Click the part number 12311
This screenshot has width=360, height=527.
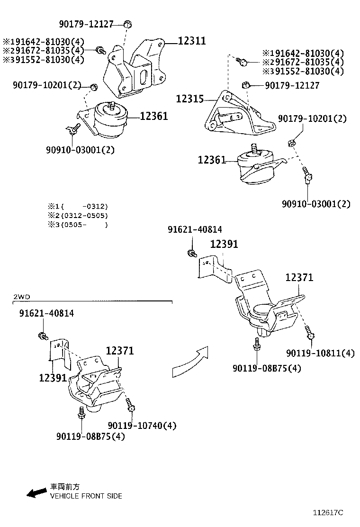pyautogui.click(x=192, y=41)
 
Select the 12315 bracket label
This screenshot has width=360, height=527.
pyautogui.click(x=190, y=99)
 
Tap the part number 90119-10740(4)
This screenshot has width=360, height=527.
pyautogui.click(x=142, y=426)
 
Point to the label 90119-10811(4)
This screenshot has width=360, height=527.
pyautogui.click(x=320, y=353)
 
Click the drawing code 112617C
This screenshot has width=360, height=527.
pyautogui.click(x=327, y=512)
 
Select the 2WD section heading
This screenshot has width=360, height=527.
pyautogui.click(x=21, y=297)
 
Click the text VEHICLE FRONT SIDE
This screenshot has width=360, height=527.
pyautogui.click(x=86, y=496)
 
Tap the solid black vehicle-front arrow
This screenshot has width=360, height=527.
pyautogui.click(x=36, y=493)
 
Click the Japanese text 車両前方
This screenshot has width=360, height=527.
pyautogui.click(x=65, y=487)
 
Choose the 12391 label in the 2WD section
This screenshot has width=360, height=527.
pyautogui.click(x=53, y=378)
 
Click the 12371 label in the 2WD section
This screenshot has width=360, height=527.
pyautogui.click(x=119, y=351)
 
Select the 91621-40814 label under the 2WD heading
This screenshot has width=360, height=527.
pyautogui.click(x=46, y=313)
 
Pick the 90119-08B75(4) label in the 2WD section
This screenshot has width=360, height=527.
pyautogui.click(x=90, y=436)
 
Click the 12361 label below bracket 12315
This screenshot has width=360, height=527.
pyautogui.click(x=212, y=160)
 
